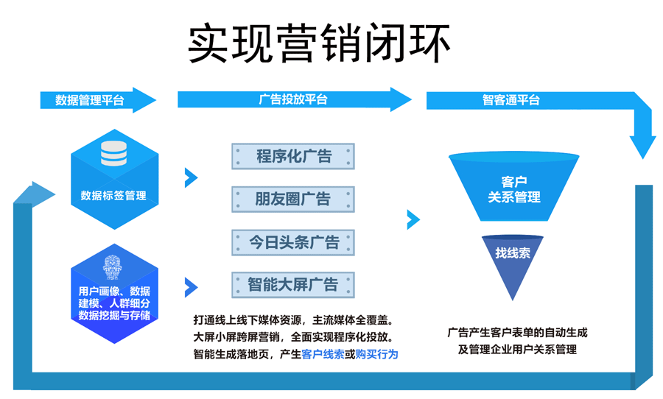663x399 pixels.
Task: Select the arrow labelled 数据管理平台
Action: click(x=92, y=100)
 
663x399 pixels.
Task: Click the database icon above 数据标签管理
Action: click(x=113, y=152)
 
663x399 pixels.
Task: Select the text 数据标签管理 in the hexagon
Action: click(x=113, y=195)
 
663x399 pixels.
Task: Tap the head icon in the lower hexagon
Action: click(x=113, y=266)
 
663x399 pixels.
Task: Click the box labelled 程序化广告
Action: click(x=293, y=156)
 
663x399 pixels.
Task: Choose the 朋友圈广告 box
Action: click(x=293, y=199)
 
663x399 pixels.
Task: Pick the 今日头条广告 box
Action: click(x=293, y=241)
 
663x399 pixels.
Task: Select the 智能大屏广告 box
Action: click(x=293, y=283)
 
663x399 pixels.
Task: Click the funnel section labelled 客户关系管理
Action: click(x=513, y=189)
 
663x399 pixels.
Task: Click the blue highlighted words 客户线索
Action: click(x=323, y=354)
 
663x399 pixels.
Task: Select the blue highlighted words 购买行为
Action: click(x=376, y=354)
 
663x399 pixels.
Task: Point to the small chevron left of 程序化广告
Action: click(x=191, y=177)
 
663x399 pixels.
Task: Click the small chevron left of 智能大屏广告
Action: click(x=191, y=286)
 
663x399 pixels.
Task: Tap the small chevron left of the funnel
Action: click(x=413, y=219)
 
